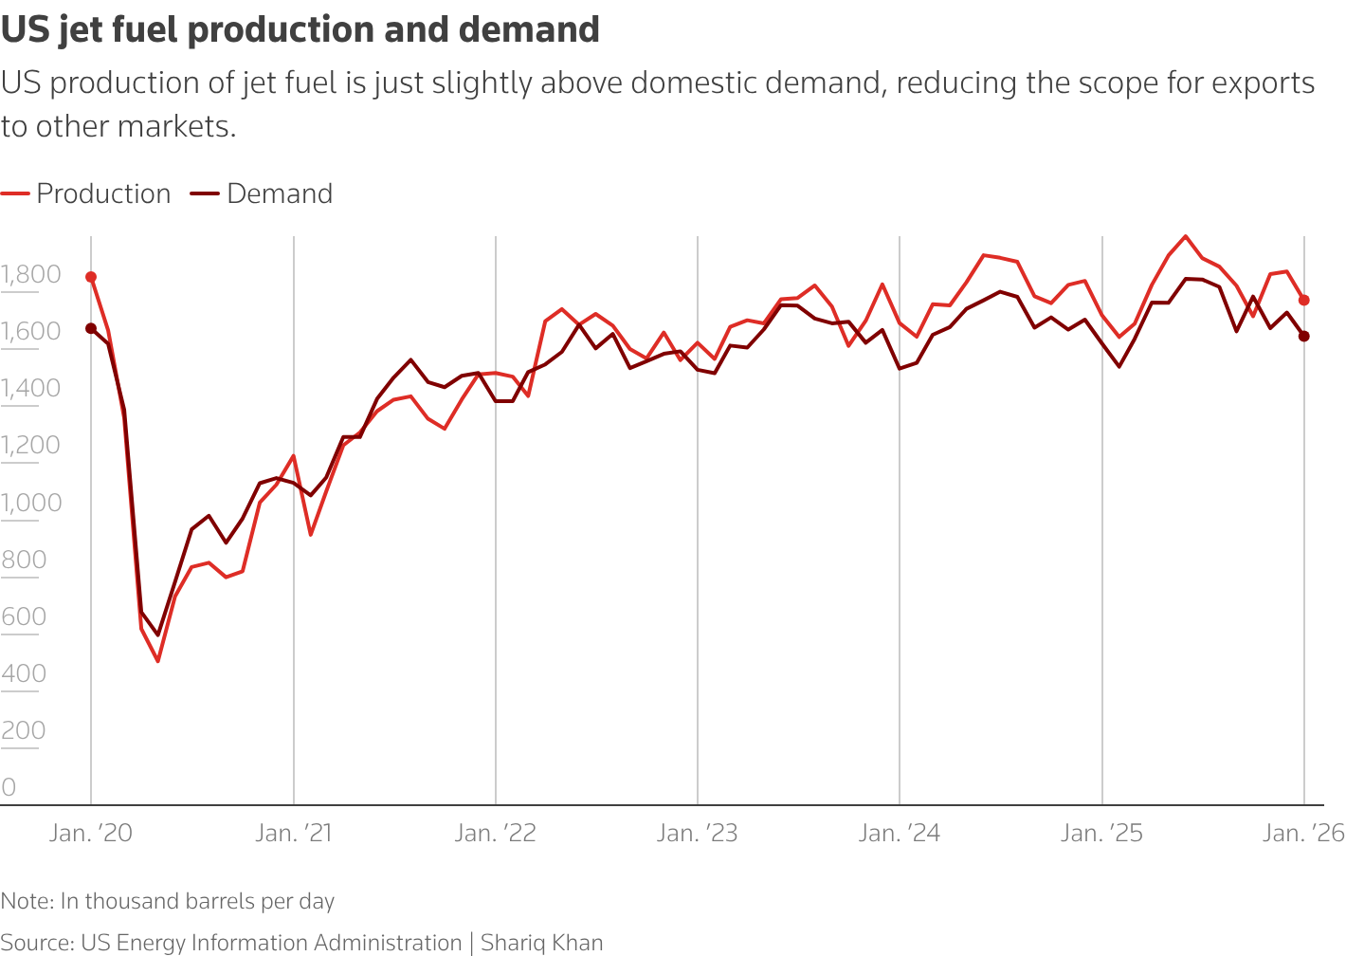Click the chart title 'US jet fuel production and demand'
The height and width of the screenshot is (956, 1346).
pos(300,29)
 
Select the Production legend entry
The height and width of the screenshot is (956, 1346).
pos(86,193)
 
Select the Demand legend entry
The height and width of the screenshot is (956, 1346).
pos(263,193)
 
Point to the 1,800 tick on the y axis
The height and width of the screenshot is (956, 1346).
pos(30,275)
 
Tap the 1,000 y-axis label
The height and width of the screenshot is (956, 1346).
pos(30,503)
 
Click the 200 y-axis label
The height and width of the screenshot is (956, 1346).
pos(24,730)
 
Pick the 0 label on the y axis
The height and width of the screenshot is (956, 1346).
pos(9,787)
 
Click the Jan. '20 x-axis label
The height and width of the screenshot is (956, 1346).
pos(91,834)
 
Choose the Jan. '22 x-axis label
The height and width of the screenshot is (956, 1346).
pos(496,834)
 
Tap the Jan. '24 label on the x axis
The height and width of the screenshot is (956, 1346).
pos(900,834)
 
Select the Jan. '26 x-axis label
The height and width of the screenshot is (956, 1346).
pos(1303,834)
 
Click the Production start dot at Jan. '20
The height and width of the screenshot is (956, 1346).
pos(91,277)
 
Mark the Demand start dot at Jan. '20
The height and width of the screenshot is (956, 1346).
pos(91,328)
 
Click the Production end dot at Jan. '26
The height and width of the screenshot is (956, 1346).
pos(1304,300)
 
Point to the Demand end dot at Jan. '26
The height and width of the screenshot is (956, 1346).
pos(1304,336)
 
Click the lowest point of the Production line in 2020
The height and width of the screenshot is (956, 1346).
pos(158,661)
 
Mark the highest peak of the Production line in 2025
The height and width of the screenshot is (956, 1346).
pos(1186,236)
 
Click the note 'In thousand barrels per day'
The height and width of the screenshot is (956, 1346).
pos(197,901)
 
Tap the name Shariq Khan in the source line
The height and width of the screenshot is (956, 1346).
pos(542,943)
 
